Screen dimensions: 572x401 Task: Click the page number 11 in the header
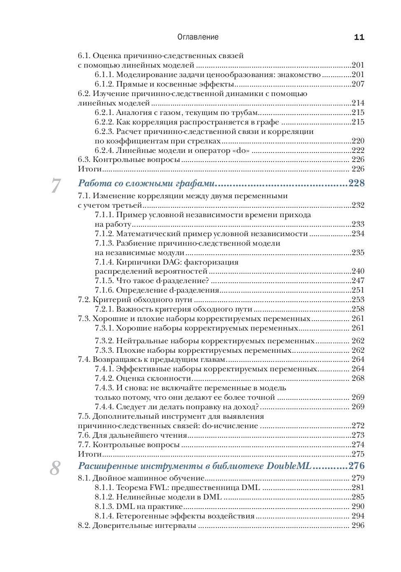[x=359, y=37]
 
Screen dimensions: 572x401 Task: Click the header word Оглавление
[x=198, y=37]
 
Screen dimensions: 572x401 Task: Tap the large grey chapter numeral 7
[x=56, y=185]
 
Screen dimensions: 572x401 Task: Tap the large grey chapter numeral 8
[x=55, y=468]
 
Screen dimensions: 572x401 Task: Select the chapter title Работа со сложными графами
[x=146, y=183]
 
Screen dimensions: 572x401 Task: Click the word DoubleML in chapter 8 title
[x=289, y=466]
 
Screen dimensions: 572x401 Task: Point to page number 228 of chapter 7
[x=357, y=183]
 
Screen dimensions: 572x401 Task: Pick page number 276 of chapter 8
[x=357, y=466]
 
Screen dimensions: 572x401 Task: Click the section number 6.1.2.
[x=104, y=84]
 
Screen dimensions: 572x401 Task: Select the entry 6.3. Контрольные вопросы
[x=129, y=159]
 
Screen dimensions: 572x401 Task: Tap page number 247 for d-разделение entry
[x=358, y=281]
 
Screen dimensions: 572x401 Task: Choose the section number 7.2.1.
[x=104, y=309]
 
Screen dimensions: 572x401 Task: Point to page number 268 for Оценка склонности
[x=358, y=378]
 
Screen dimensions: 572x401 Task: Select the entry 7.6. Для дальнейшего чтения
[x=132, y=435]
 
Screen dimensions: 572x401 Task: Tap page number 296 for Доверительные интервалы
[x=358, y=525]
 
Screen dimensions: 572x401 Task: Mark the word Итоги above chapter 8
[x=90, y=454]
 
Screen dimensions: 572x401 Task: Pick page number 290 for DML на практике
[x=358, y=506]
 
